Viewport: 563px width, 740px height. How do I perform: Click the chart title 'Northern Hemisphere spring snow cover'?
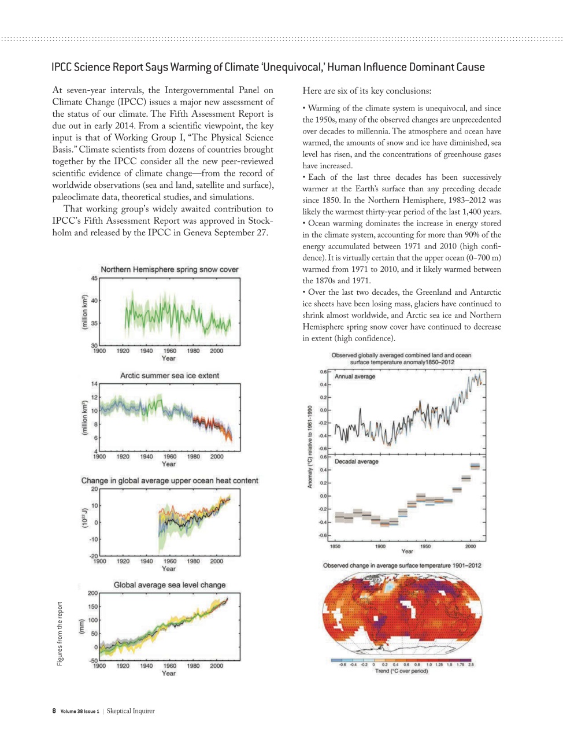(x=169, y=269)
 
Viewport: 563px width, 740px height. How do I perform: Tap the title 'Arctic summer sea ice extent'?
(x=169, y=375)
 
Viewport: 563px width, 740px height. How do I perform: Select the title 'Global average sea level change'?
(x=169, y=585)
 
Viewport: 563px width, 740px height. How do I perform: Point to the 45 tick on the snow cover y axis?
(x=94, y=278)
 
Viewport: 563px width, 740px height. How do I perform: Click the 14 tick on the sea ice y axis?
(x=94, y=384)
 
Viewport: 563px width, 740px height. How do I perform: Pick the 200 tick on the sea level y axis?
(x=92, y=593)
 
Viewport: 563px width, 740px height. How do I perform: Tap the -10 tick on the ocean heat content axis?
(x=93, y=539)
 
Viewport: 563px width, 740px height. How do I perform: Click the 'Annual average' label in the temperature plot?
(x=355, y=376)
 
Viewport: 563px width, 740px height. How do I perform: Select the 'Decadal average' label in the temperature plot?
(x=357, y=461)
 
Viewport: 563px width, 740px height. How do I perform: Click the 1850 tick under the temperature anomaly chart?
(x=335, y=546)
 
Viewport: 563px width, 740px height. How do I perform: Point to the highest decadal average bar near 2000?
(x=475, y=466)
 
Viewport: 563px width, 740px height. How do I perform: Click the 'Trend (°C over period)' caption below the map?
(x=401, y=671)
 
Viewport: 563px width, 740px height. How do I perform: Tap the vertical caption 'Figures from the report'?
(x=60, y=634)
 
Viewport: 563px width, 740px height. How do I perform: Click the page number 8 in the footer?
(x=54, y=711)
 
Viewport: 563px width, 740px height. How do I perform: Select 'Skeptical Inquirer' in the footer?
(x=131, y=711)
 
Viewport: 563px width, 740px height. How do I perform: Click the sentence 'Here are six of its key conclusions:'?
(x=366, y=91)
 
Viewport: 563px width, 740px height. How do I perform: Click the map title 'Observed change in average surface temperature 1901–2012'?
(x=402, y=565)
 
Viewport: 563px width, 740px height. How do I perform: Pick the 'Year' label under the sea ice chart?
(x=168, y=464)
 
